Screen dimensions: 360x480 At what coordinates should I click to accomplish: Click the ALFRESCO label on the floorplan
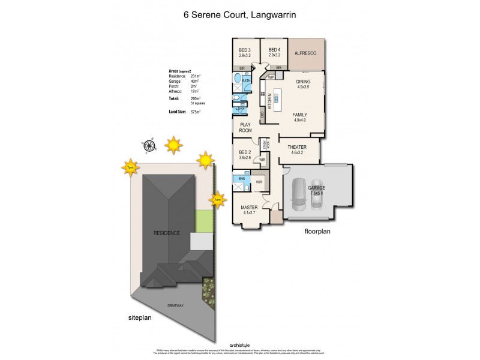[306, 53]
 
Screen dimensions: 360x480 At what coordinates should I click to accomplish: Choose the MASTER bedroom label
[250, 207]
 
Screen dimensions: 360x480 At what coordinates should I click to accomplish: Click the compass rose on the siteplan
[148, 143]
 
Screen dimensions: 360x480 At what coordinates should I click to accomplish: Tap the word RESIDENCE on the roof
[167, 233]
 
